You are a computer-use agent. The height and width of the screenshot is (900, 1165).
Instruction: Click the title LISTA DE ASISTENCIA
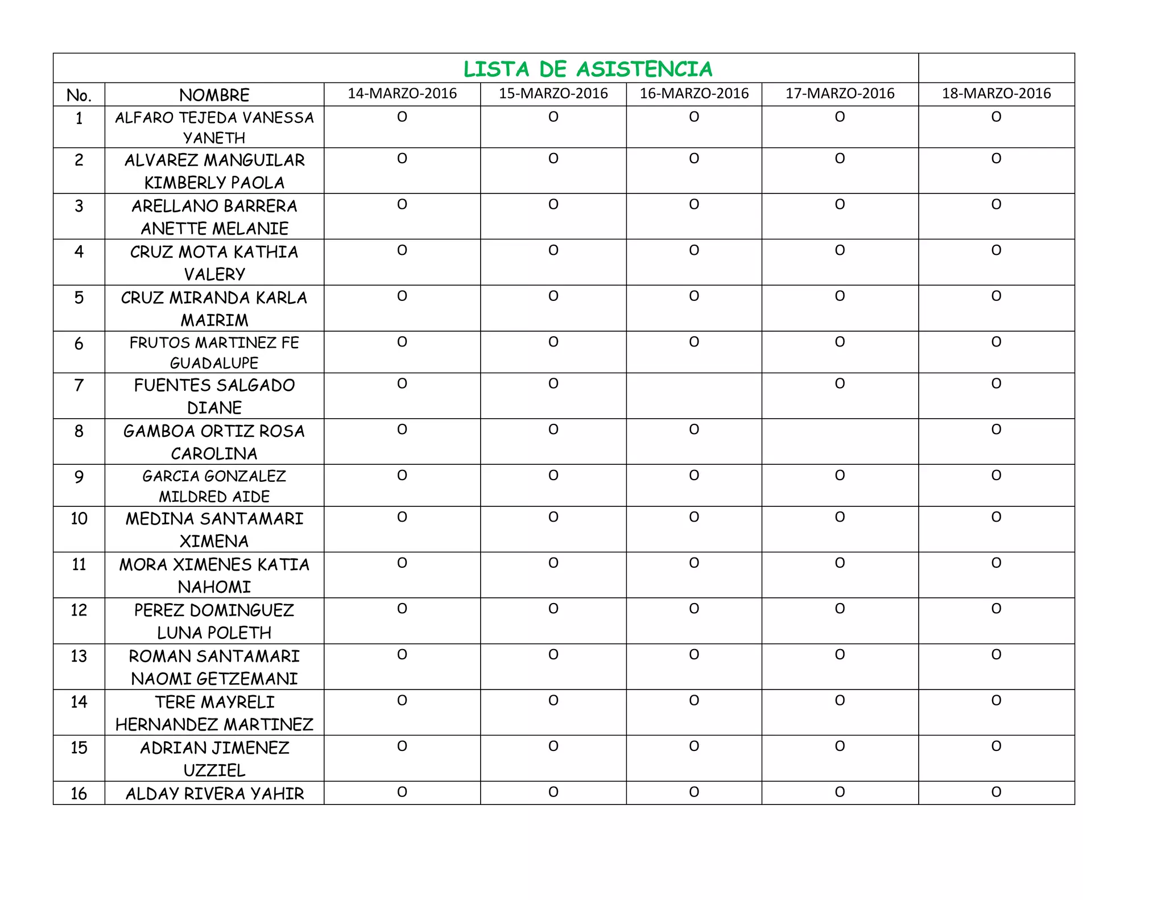click(x=588, y=69)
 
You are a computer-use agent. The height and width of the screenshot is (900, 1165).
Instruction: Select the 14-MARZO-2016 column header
click(x=402, y=94)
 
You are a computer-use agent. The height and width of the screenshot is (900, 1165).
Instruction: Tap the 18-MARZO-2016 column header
click(x=996, y=94)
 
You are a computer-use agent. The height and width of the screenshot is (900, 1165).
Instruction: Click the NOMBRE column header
click(x=214, y=95)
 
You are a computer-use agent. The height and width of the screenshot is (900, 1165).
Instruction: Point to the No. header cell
click(x=79, y=95)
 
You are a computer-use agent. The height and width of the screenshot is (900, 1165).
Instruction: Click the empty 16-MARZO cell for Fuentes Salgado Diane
click(x=693, y=395)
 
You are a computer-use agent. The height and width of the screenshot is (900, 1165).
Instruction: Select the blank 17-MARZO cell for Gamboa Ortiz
click(x=840, y=441)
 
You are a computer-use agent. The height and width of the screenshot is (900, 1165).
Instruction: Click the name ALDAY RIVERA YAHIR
click(x=214, y=794)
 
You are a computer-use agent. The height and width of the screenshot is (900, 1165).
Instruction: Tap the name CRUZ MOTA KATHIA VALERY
click(x=214, y=262)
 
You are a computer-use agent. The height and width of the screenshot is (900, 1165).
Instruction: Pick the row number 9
click(x=79, y=476)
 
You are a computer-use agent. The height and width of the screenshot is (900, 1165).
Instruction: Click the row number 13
click(x=79, y=656)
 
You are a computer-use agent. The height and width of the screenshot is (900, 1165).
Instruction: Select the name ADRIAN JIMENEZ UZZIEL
click(x=214, y=758)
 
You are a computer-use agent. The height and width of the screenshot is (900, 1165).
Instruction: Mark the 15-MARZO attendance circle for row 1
click(x=553, y=117)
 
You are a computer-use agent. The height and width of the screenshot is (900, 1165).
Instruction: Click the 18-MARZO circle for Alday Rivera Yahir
click(x=996, y=792)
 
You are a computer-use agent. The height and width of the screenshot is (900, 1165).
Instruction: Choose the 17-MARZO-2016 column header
click(x=840, y=94)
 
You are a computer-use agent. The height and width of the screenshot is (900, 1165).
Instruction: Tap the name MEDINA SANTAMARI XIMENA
click(x=214, y=529)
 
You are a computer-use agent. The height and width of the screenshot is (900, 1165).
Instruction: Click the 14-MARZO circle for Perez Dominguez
click(x=402, y=609)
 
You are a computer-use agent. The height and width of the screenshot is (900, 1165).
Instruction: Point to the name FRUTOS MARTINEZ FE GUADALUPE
click(x=214, y=352)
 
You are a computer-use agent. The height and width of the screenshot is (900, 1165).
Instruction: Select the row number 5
click(x=79, y=298)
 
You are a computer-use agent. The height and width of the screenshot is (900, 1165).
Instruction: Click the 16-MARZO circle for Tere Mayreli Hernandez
click(x=693, y=700)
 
